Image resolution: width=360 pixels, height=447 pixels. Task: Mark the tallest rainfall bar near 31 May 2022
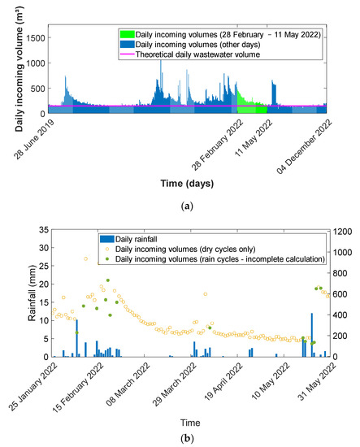[x=311, y=335]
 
